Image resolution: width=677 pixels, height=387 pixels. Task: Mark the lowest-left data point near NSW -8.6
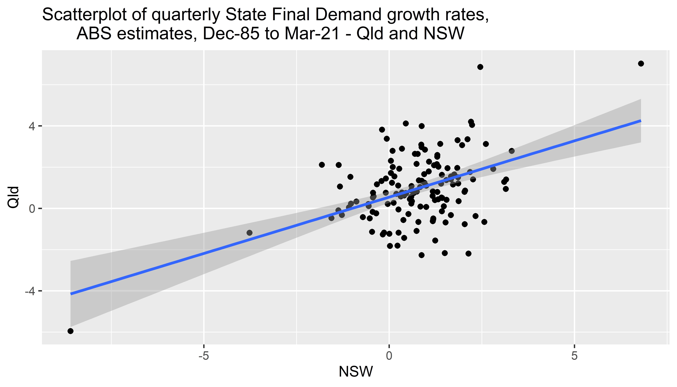pos(70,331)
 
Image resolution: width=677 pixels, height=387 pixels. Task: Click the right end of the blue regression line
pos(640,121)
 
